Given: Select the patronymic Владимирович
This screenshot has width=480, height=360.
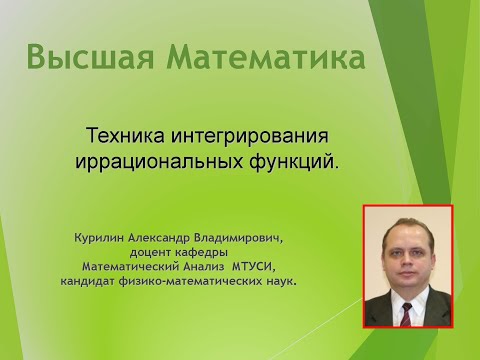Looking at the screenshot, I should click(245, 239).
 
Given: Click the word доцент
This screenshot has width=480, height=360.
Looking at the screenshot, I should click(147, 253).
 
